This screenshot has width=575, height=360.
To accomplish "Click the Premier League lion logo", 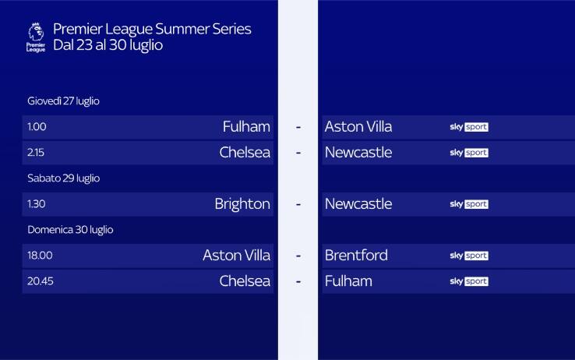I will coord(36,36).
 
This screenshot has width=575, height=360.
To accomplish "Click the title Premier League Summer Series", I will coord(152,30).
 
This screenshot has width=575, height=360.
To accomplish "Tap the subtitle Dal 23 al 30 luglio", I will coord(108,45).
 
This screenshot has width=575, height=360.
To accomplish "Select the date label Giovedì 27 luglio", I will coord(63,101).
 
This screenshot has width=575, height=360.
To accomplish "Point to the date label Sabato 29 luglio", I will coord(63,178).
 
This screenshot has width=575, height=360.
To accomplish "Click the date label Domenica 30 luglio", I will coord(70,230).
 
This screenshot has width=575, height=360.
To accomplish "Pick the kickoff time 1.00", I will coord(37,127).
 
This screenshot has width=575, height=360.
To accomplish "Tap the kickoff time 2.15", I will coord(37,153).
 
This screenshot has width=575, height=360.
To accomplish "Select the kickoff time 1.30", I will coord(37,204).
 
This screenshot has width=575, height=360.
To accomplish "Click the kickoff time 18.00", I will coord(40,256).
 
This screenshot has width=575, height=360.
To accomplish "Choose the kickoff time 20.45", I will coord(40,281).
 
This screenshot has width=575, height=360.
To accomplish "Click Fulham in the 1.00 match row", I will coord(246,127).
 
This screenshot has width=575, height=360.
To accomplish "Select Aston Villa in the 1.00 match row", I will coord(358,127).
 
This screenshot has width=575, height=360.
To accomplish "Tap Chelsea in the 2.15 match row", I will coord(245,153).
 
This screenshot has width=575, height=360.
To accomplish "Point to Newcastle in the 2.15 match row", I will coord(358,153).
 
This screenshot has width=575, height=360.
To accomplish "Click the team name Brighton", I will coord(242,204).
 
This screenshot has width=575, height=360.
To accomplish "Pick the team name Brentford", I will coord(356,256).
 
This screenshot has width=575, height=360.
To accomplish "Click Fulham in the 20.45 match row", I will coord(348,281).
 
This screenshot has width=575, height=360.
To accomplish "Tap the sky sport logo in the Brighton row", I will coord(469,204).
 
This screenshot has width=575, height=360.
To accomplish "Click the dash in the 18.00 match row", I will coord(298,256).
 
